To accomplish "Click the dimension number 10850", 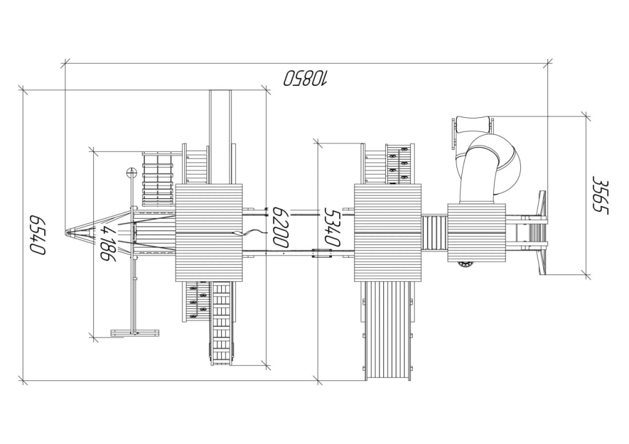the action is [306, 78].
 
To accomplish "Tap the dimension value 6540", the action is [37, 234].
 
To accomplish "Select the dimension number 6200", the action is [280, 227].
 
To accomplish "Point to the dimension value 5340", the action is [332, 227].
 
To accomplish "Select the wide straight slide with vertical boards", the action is [388, 330].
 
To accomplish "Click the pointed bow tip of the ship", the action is [66, 232].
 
